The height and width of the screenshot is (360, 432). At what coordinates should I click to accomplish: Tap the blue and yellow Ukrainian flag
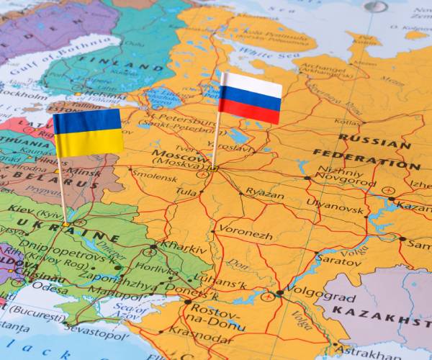click(x=88, y=132)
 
